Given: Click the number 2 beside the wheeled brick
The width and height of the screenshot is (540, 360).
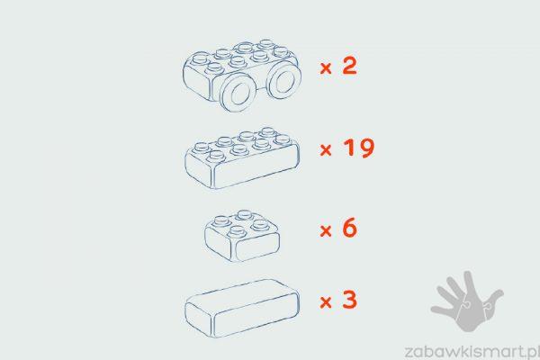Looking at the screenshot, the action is pos(349,66).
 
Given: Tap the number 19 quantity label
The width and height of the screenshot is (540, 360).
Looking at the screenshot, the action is pos(358,148).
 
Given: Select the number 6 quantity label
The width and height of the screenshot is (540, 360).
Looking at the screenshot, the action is pos(350,228).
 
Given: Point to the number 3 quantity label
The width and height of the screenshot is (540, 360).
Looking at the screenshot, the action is pos(349,300).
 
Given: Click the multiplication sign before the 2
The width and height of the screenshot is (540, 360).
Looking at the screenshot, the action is pos(326,68).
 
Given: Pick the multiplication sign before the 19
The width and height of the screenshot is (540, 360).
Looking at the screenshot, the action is pos(326,150).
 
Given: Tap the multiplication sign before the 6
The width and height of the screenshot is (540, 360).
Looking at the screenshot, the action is pos(326,230).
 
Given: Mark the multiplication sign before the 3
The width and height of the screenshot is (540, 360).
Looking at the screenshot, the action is pos(326,302).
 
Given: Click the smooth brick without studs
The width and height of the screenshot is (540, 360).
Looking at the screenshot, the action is pos(242,309).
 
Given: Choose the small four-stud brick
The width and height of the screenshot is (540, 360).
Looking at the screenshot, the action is pos(242,236).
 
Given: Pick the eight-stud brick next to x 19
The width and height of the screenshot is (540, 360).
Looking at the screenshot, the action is pos(242,158).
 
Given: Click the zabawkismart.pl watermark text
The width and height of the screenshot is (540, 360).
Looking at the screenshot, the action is pos(472,352).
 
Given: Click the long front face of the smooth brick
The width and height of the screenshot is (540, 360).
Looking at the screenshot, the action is pos(256,314).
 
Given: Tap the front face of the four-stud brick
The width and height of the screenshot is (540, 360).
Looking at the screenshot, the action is pos(256,246).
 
